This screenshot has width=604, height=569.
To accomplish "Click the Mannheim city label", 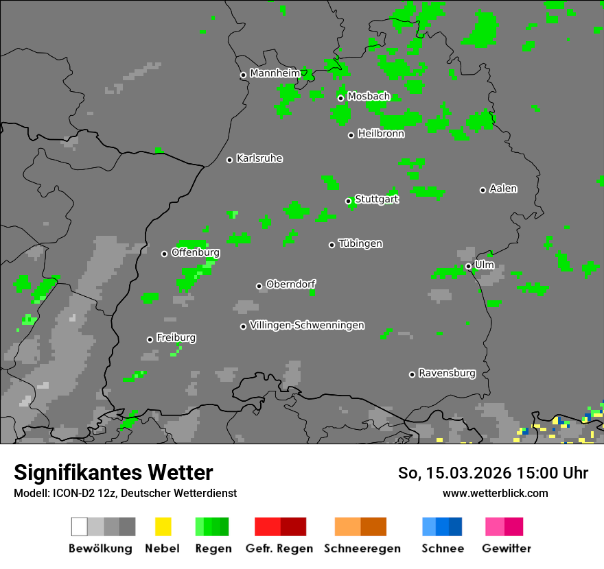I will tap(275, 73).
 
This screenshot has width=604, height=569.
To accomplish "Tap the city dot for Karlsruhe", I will tap(230, 160).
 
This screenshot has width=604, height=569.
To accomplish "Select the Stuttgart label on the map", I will tap(377, 199).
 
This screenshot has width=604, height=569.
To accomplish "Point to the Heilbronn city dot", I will tap(351, 135).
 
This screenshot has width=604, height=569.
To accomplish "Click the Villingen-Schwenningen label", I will tap(307, 326).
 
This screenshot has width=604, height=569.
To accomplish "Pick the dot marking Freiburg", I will tap(150, 339).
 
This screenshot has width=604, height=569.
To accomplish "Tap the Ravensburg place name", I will tap(447, 374).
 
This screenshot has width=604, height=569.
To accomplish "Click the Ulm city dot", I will tap(468, 266).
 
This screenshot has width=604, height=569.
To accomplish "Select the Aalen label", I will tap(503, 189).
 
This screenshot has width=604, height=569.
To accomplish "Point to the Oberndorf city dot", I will tap(259, 286).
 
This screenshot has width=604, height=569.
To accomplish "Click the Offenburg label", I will tap(196, 252).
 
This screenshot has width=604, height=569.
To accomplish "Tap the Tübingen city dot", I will tap(332, 245).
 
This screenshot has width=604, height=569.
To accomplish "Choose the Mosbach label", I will tap(369, 97).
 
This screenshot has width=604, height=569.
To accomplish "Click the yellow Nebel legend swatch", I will tap(163, 526).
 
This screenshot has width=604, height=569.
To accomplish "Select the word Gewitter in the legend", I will tap(507, 548).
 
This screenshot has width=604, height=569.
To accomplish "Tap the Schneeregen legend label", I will tap(362, 548).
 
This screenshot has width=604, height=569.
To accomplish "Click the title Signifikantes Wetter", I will tap(113, 472).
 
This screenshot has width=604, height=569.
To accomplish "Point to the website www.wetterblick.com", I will tap(495, 493).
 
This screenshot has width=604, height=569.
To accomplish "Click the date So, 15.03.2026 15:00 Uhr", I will tap(493, 473).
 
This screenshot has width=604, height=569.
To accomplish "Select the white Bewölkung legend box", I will tap(80, 526).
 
